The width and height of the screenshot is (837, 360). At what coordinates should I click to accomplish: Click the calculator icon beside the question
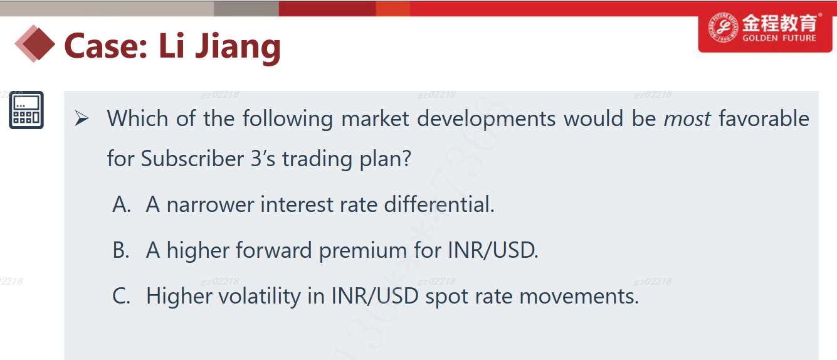(x=26, y=110)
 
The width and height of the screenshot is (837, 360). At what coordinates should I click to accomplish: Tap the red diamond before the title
(x=34, y=44)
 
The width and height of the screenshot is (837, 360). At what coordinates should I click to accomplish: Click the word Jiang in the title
(x=238, y=47)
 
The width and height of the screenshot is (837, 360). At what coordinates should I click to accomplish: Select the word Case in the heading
(x=106, y=46)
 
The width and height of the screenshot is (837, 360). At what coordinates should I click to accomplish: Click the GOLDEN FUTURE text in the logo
(x=779, y=38)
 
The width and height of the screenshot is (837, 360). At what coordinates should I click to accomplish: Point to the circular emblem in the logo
(x=723, y=27)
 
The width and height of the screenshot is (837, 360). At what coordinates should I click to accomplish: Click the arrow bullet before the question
(x=82, y=119)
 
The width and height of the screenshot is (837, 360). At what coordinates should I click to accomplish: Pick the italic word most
(x=687, y=119)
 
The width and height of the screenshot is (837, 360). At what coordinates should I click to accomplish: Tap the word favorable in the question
(x=764, y=118)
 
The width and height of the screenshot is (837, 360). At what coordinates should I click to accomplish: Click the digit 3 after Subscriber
(x=256, y=159)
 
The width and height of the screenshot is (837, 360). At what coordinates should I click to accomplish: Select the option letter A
(x=122, y=204)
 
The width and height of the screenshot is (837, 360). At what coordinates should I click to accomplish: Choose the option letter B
(x=121, y=250)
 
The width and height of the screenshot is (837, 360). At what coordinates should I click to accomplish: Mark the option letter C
(x=122, y=296)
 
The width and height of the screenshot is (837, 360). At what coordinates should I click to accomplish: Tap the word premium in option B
(x=363, y=250)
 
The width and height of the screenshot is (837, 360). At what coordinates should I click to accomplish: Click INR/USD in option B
(x=493, y=250)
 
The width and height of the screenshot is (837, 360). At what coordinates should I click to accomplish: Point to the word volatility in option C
(x=260, y=295)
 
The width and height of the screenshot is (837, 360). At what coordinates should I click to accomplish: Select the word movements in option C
(x=579, y=297)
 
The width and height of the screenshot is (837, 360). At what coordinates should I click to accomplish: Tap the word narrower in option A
(x=211, y=205)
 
